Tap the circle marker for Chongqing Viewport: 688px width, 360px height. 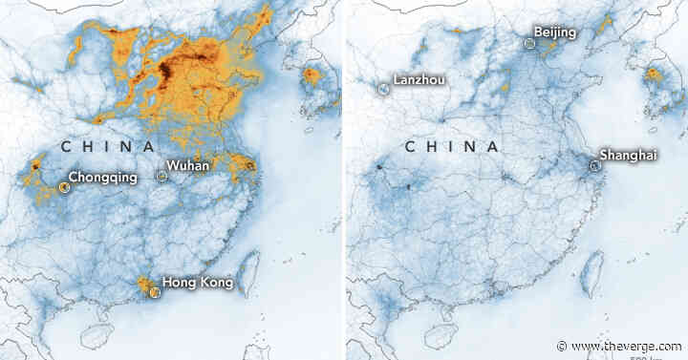[65, 187]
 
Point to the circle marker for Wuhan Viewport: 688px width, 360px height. [161, 176]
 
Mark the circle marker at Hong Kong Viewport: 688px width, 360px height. [153, 292]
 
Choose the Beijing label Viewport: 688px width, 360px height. [555, 33]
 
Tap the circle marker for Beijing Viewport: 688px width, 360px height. [530, 43]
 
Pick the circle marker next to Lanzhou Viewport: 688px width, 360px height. [383, 89]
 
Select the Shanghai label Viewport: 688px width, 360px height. [628, 155]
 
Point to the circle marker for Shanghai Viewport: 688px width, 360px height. [594, 165]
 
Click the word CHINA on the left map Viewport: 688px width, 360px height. [107, 147]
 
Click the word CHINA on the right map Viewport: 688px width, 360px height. [451, 147]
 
